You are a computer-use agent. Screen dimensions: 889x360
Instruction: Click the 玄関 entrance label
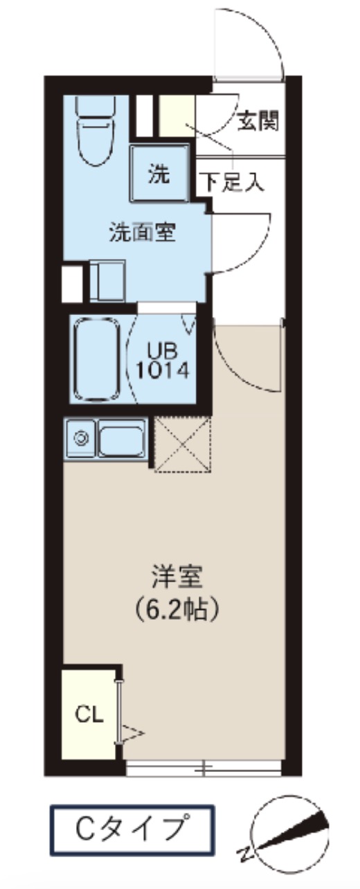pos(258,122)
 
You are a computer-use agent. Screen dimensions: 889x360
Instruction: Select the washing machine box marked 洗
pos(160,174)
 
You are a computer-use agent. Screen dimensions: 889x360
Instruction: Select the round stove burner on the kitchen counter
pos(81,438)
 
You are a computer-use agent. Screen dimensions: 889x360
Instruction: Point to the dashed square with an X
pos(181,444)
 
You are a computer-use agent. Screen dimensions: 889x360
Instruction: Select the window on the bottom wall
pos(204,767)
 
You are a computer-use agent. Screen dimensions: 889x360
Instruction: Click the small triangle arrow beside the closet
pos(132,731)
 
